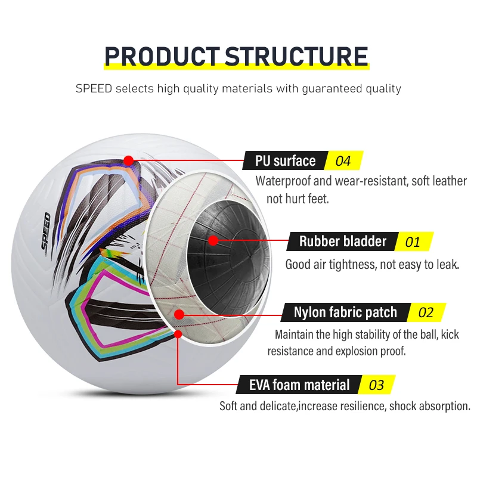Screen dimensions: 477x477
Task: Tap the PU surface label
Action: coord(285,161)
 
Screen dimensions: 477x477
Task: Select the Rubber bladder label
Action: coord(343,241)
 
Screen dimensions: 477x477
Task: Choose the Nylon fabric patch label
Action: coord(345,312)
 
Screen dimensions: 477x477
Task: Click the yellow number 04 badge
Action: coord(343,161)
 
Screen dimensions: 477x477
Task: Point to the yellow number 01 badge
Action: coord(413,242)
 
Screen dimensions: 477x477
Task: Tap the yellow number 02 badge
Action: coord(426,312)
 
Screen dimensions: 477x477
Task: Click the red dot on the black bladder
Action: coord(212,240)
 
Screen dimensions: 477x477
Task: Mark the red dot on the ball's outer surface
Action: coord(128,160)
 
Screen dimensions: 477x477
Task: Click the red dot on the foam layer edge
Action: coord(178,334)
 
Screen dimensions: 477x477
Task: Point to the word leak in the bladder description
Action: coord(444,264)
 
